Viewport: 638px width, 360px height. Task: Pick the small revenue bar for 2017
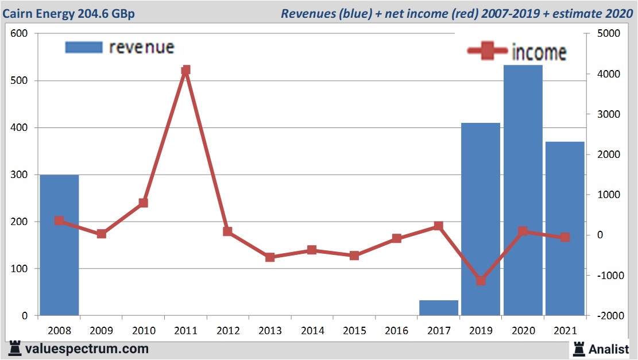click(439, 308)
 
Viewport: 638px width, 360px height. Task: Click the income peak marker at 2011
click(185, 70)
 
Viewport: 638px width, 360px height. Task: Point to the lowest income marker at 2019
click(481, 281)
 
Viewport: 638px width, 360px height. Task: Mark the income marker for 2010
click(144, 203)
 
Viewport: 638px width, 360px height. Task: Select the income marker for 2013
click(270, 257)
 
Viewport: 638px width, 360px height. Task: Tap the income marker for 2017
click(439, 226)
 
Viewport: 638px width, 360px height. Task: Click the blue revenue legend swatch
click(84, 47)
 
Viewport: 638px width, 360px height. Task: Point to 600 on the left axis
click(19, 34)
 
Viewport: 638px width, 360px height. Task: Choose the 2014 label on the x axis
click(312, 330)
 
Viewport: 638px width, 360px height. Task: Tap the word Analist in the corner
click(608, 349)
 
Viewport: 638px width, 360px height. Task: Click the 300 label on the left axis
click(19, 175)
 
